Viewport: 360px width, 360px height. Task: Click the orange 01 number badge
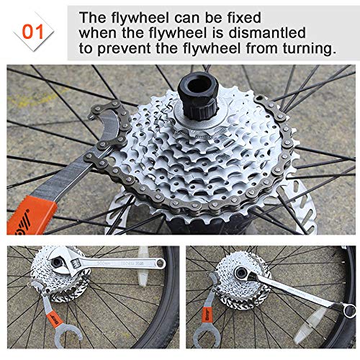33,32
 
